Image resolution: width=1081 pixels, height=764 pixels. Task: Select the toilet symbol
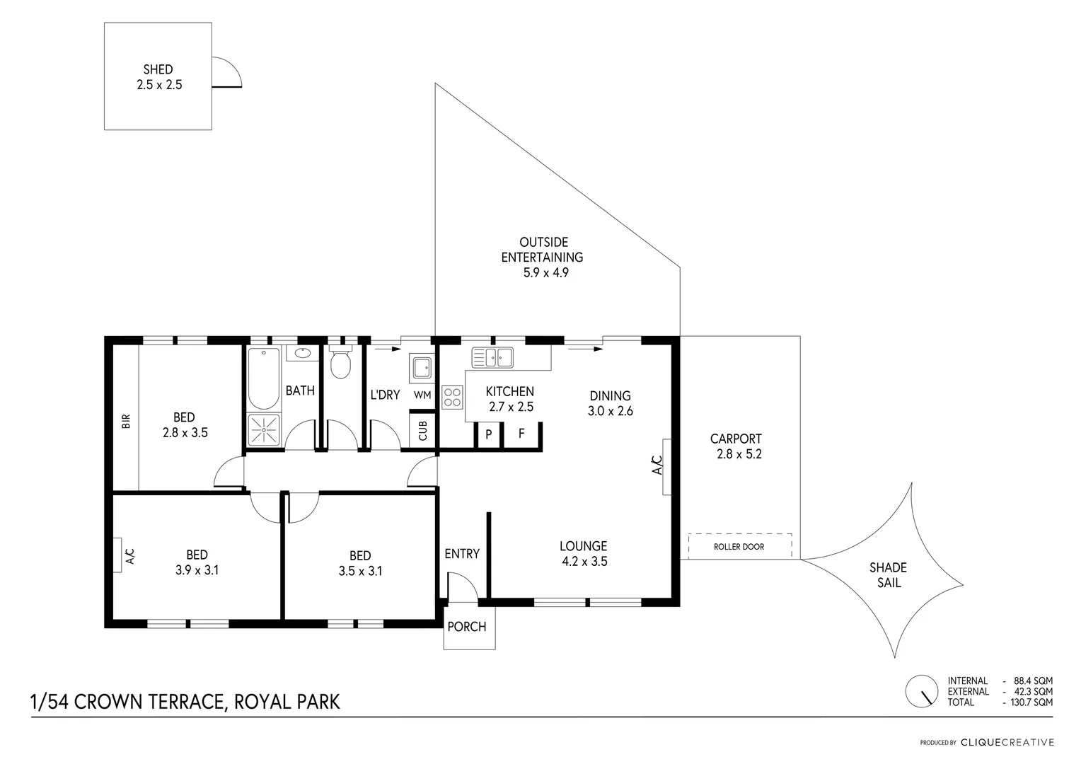(340, 364)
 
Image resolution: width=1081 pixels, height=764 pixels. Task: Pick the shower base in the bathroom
(264, 429)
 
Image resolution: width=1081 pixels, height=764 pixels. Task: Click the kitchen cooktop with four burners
(452, 397)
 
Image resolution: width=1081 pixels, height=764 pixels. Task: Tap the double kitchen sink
(493, 357)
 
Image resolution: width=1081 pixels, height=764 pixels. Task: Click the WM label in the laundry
(422, 395)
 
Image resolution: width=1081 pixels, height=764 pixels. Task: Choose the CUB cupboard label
(423, 430)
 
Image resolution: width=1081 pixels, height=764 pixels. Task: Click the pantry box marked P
(488, 434)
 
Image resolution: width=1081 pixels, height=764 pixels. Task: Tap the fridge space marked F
(521, 434)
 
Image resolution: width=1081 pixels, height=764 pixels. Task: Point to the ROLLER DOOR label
(739, 546)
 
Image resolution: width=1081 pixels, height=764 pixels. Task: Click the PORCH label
(467, 627)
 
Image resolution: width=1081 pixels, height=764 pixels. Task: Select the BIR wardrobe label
(127, 422)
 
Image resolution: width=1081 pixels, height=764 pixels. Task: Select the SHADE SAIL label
(888, 575)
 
